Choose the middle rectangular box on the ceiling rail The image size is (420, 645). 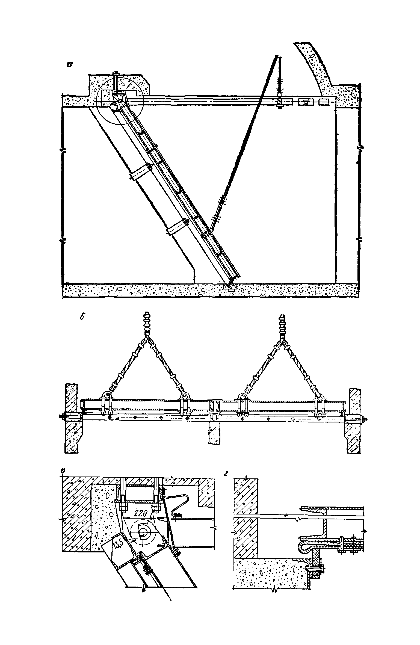pos(306,102)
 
